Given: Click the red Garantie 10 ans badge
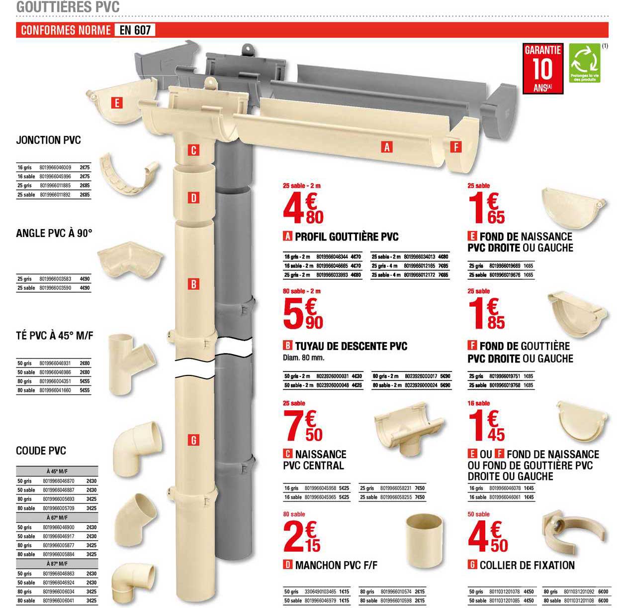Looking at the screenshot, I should (542, 68).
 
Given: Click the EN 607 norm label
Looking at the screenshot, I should (135, 30).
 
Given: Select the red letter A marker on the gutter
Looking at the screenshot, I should (386, 147).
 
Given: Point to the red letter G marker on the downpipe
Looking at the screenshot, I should (193, 440).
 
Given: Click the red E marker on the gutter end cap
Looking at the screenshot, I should (116, 103).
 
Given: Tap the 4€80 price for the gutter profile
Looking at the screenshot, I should (303, 209).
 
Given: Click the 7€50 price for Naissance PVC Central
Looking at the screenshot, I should (303, 427).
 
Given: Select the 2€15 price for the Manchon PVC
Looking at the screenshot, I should (302, 537).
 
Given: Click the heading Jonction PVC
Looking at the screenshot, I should (48, 140).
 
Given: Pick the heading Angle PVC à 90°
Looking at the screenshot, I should (54, 233).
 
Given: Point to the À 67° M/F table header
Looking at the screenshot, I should (57, 517).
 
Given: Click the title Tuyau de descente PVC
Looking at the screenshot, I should (351, 346).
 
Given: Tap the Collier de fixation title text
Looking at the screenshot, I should (527, 565).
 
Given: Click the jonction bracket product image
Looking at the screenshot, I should (128, 174).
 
